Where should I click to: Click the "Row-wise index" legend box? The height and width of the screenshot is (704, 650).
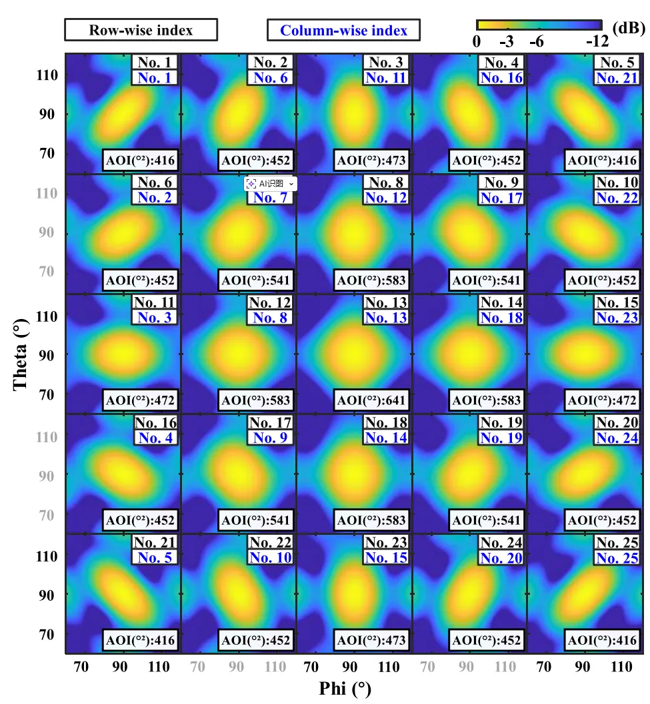(141, 30)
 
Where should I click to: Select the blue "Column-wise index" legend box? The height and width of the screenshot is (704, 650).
(343, 30)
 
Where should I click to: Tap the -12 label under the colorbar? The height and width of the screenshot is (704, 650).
(597, 41)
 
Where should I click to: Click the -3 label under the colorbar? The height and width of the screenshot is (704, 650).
(507, 41)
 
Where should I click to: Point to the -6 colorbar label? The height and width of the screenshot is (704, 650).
(536, 41)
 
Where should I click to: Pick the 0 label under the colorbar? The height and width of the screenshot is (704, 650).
(477, 41)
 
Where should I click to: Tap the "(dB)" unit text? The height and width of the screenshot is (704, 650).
(628, 29)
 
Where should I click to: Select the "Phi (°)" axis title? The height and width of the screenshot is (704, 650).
(344, 689)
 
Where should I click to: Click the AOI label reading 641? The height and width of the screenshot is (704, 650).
(372, 400)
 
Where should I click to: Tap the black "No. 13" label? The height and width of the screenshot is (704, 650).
(386, 303)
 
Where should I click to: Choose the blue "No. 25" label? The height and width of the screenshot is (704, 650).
(617, 558)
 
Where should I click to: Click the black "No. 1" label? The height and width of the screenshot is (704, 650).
(155, 63)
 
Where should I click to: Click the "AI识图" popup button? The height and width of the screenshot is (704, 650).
(271, 183)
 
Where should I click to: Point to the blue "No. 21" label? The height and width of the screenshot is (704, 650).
(617, 78)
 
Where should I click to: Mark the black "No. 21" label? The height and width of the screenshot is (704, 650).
(155, 543)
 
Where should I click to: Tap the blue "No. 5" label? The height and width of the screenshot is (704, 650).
(155, 558)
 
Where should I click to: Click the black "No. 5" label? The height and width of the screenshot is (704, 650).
(617, 63)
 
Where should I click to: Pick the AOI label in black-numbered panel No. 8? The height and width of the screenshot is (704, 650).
(372, 280)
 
